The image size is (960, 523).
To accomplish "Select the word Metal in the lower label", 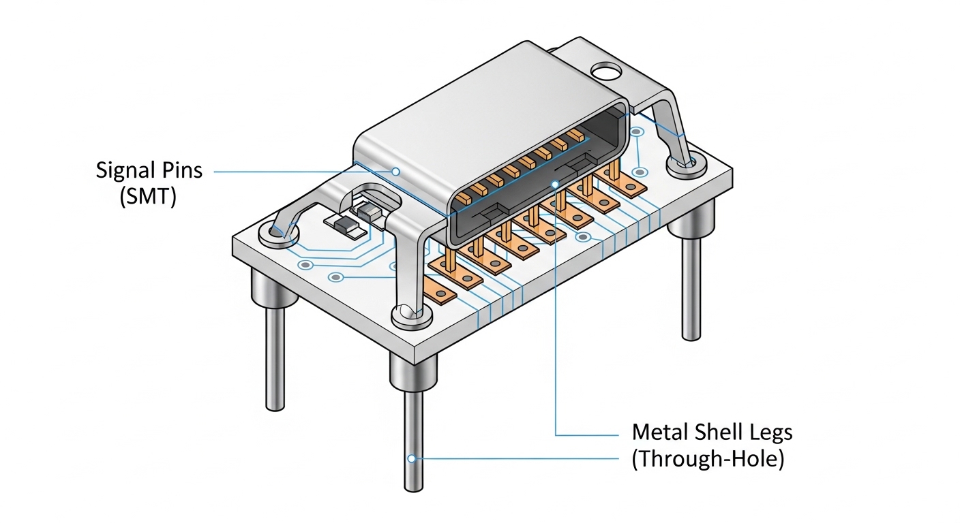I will tap(658, 432).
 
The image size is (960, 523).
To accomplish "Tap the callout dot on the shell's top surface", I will tap(395, 171).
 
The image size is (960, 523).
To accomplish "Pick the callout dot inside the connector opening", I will tap(556, 183).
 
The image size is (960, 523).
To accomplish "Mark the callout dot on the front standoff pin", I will tap(412, 458).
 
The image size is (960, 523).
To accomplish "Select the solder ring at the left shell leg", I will tap(277, 235).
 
